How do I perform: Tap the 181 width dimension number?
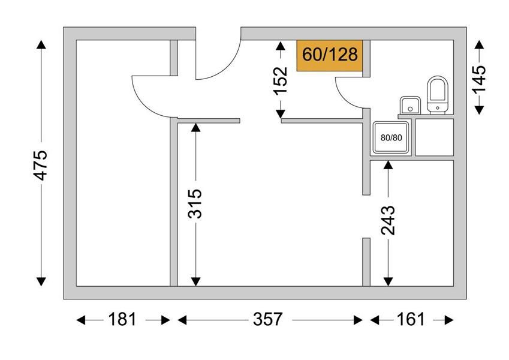click(x=122, y=320)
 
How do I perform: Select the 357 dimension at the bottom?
click(x=267, y=320)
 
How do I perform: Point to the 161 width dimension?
click(x=411, y=320)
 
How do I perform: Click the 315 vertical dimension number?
click(x=195, y=204)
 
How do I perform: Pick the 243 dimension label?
click(x=388, y=220)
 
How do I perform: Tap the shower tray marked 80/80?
click(x=391, y=137)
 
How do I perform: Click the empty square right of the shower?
click(x=434, y=137)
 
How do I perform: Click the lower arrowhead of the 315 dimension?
click(x=195, y=281)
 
